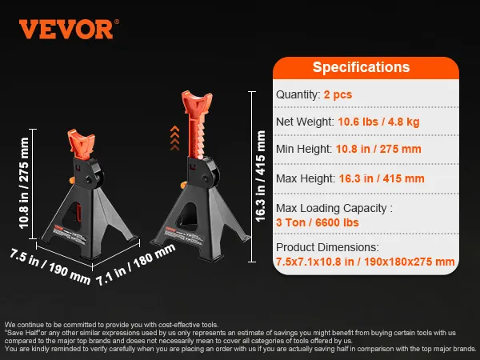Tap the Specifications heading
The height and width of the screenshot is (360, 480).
pyautogui.click(x=361, y=67)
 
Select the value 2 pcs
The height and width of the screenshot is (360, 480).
pyautogui.click(x=338, y=94)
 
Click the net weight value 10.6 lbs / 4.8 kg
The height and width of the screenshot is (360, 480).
pyautogui.click(x=378, y=122)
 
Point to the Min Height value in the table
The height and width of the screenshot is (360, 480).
pyautogui.click(x=378, y=149)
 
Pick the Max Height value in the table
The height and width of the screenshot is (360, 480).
pyautogui.click(x=382, y=178)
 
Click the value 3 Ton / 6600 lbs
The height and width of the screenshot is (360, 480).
pyautogui.click(x=317, y=222)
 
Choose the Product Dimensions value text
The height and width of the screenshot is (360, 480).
pyautogui.click(x=366, y=262)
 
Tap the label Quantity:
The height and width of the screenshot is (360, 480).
pyautogui.click(x=298, y=94)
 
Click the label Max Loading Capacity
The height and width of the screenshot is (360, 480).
pyautogui.click(x=331, y=208)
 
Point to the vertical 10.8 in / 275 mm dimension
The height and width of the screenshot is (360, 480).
pyautogui.click(x=24, y=183)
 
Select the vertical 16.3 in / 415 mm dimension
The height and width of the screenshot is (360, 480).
pyautogui.click(x=260, y=176)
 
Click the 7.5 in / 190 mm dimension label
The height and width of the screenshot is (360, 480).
pyautogui.click(x=50, y=266)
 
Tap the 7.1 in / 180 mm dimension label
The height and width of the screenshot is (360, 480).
pyautogui.click(x=136, y=265)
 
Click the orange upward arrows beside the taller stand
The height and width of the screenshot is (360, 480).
pyautogui.click(x=174, y=138)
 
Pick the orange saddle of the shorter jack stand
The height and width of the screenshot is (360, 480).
pyautogui.click(x=81, y=145)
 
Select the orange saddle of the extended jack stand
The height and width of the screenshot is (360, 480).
pyautogui.click(x=197, y=102)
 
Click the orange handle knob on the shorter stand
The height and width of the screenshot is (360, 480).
pyautogui.click(x=72, y=180)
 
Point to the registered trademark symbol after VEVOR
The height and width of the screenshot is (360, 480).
pyautogui.click(x=117, y=22)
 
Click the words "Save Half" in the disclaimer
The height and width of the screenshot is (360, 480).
pyautogui.click(x=23, y=333)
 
